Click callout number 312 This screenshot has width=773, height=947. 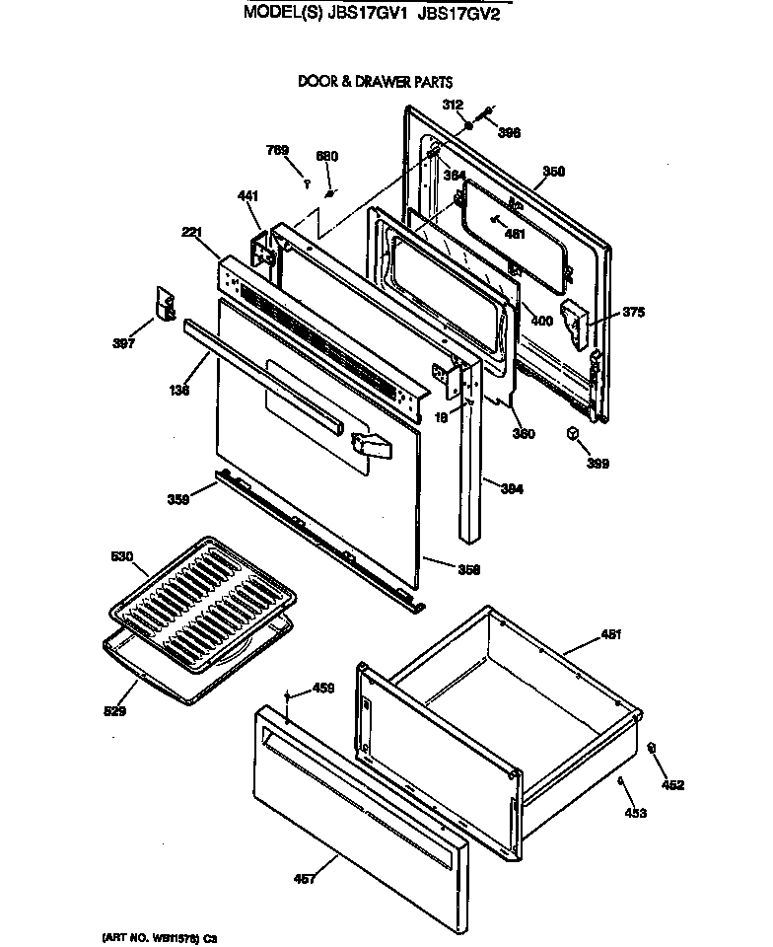(x=453, y=105)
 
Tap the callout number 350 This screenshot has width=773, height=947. (x=553, y=172)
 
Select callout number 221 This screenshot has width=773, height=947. (x=192, y=233)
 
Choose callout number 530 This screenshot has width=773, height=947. (x=120, y=558)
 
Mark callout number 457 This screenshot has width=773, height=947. (x=306, y=879)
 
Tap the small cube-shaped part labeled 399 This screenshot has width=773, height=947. (x=572, y=433)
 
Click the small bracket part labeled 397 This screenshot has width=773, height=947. (x=165, y=303)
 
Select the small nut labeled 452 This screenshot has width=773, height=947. (x=654, y=749)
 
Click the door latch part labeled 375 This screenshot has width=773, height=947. (x=574, y=319)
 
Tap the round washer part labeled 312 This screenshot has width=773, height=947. (x=470, y=127)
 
